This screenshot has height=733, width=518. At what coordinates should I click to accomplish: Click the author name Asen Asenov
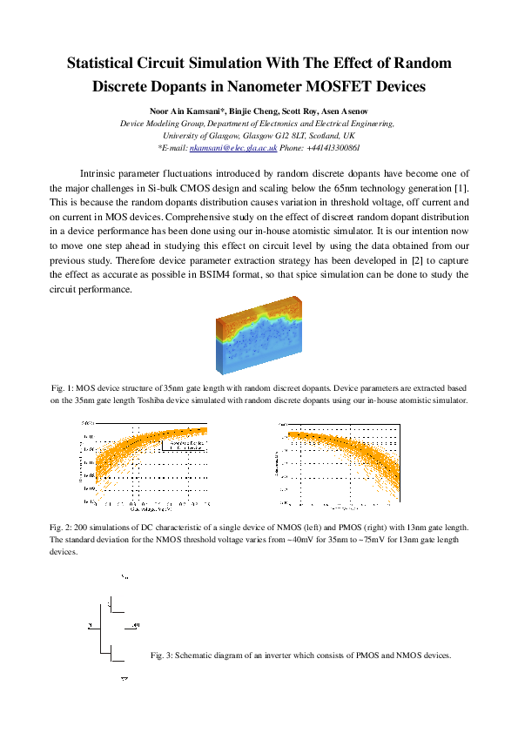[x=341, y=111]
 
